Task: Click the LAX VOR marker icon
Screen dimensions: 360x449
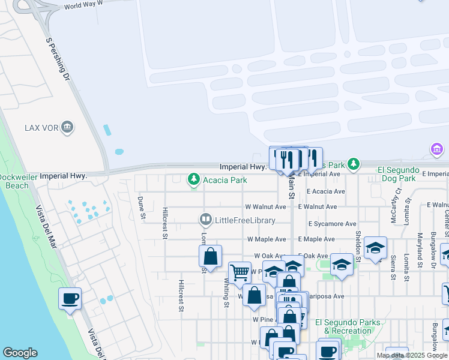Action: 67,127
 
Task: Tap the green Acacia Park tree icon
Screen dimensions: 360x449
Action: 194,179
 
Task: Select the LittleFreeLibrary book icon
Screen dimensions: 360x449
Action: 206,220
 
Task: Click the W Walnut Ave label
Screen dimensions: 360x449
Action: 265,206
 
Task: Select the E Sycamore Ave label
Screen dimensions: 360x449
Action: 333,223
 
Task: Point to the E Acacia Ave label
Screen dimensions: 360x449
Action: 326,191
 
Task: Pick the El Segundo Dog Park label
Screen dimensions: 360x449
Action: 396,174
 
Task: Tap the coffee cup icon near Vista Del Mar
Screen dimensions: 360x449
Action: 70,298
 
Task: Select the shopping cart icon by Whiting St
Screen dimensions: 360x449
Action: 240,272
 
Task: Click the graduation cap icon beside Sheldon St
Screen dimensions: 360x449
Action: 375,247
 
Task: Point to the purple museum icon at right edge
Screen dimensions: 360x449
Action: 437,149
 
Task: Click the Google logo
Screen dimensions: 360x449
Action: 20,353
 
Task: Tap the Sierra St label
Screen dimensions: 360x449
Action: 393,267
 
